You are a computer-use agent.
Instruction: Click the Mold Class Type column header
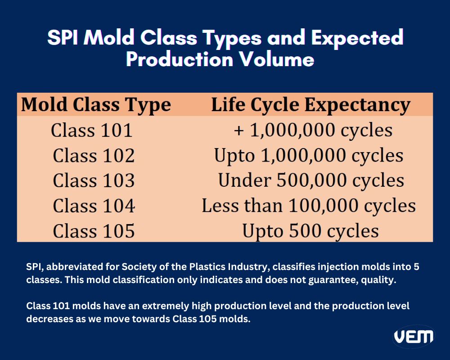click(96, 105)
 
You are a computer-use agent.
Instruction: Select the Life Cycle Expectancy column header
click(310, 105)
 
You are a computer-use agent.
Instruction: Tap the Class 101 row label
click(92, 130)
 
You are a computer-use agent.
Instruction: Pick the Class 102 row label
click(94, 156)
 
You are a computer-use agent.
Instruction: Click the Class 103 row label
click(94, 181)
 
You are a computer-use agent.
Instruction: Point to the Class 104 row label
click(94, 206)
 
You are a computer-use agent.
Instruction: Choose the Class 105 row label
click(94, 231)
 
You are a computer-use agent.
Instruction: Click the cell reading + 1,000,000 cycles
click(313, 130)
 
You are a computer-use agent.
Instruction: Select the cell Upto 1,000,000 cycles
click(309, 156)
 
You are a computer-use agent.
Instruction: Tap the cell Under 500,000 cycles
click(311, 181)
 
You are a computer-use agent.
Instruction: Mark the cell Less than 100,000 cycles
click(309, 206)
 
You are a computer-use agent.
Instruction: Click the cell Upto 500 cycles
click(310, 231)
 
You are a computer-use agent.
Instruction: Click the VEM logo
click(414, 337)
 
